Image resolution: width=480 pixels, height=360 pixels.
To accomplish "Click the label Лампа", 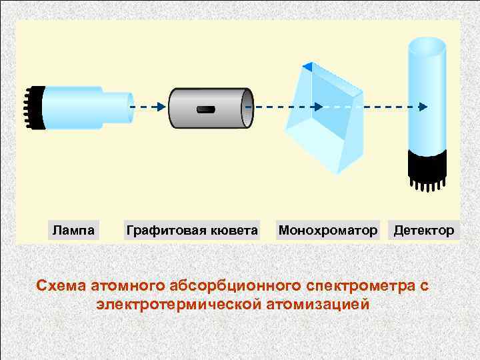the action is (75, 231).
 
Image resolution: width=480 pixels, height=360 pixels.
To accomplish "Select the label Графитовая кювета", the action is (192, 231).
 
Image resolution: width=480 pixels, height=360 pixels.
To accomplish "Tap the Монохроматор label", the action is (327, 231).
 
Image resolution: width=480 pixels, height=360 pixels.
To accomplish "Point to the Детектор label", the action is (424, 231).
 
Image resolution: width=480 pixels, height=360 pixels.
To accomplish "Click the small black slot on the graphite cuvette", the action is (206, 109).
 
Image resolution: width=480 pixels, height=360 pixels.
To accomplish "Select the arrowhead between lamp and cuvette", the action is (161, 107).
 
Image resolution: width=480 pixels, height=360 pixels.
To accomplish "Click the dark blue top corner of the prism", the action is (307, 66).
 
